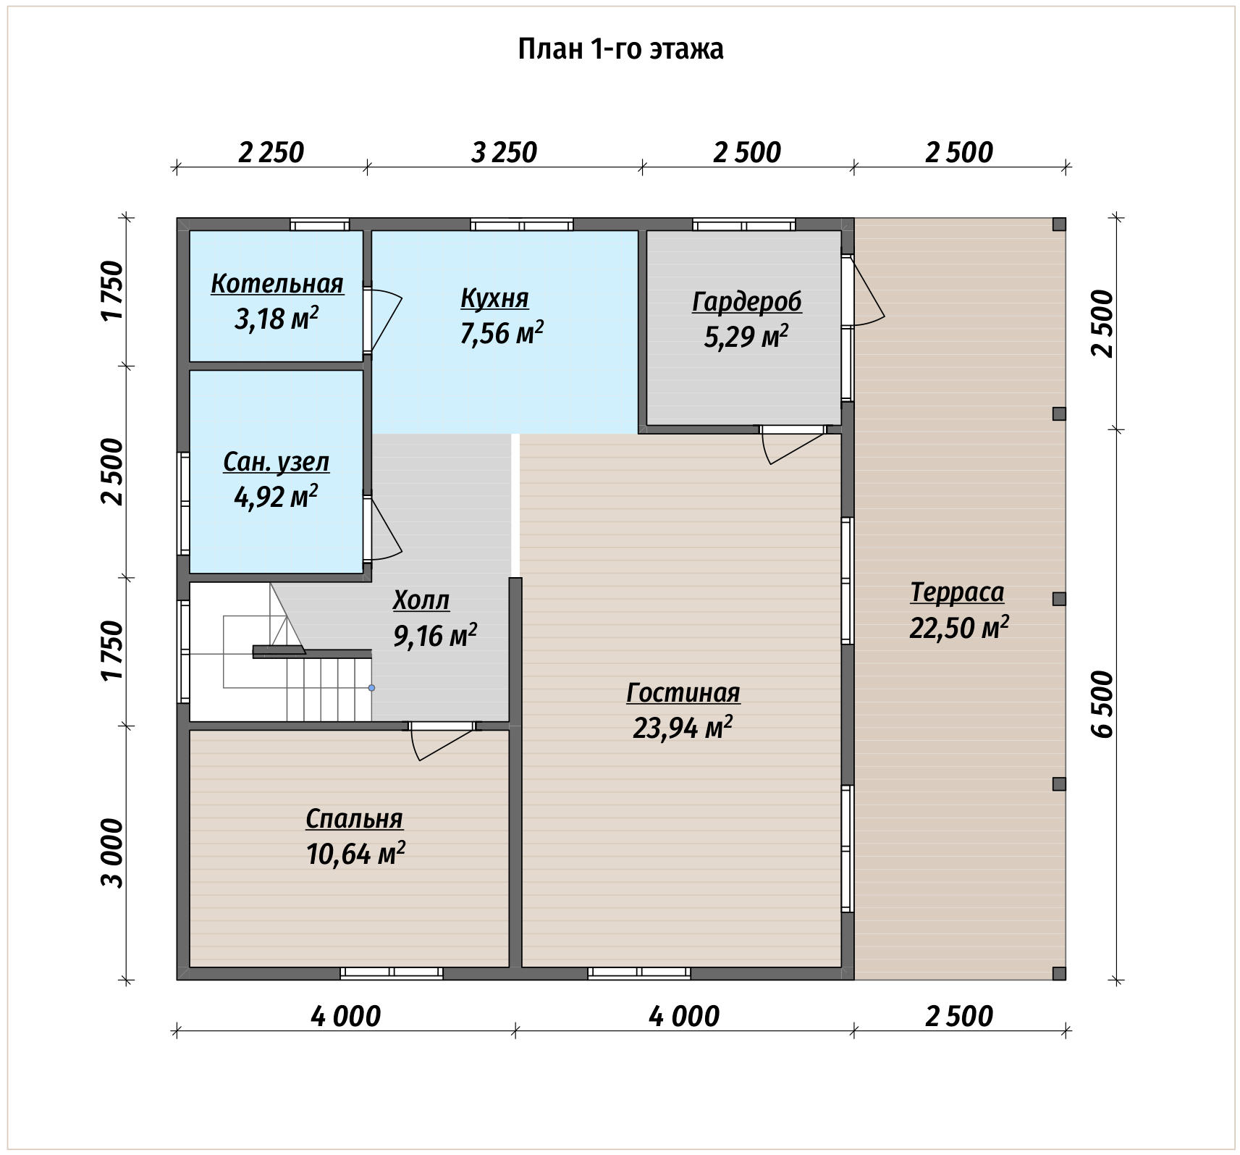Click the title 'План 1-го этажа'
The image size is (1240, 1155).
pos(620,49)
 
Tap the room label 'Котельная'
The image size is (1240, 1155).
pos(277,283)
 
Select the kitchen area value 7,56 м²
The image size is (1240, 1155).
pos(502,333)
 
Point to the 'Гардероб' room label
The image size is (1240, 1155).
pos(746,302)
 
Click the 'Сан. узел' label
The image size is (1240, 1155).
pos(277,462)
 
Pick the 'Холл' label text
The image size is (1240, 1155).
pos(421,600)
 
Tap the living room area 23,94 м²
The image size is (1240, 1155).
pos(683,727)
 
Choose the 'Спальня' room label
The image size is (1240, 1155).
pos(354,819)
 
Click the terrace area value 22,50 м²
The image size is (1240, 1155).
pos(959,627)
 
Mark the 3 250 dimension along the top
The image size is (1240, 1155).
pos(504,153)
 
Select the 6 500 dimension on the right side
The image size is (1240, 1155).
pos(1102,704)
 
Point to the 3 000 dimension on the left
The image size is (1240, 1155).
pos(113,853)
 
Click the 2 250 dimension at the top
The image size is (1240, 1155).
pos(271,153)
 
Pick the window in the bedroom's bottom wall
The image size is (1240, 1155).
pos(392,973)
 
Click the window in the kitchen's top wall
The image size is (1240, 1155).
pos(521,224)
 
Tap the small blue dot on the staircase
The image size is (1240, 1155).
pos(371,688)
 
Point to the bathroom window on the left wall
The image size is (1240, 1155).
pos(184,503)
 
